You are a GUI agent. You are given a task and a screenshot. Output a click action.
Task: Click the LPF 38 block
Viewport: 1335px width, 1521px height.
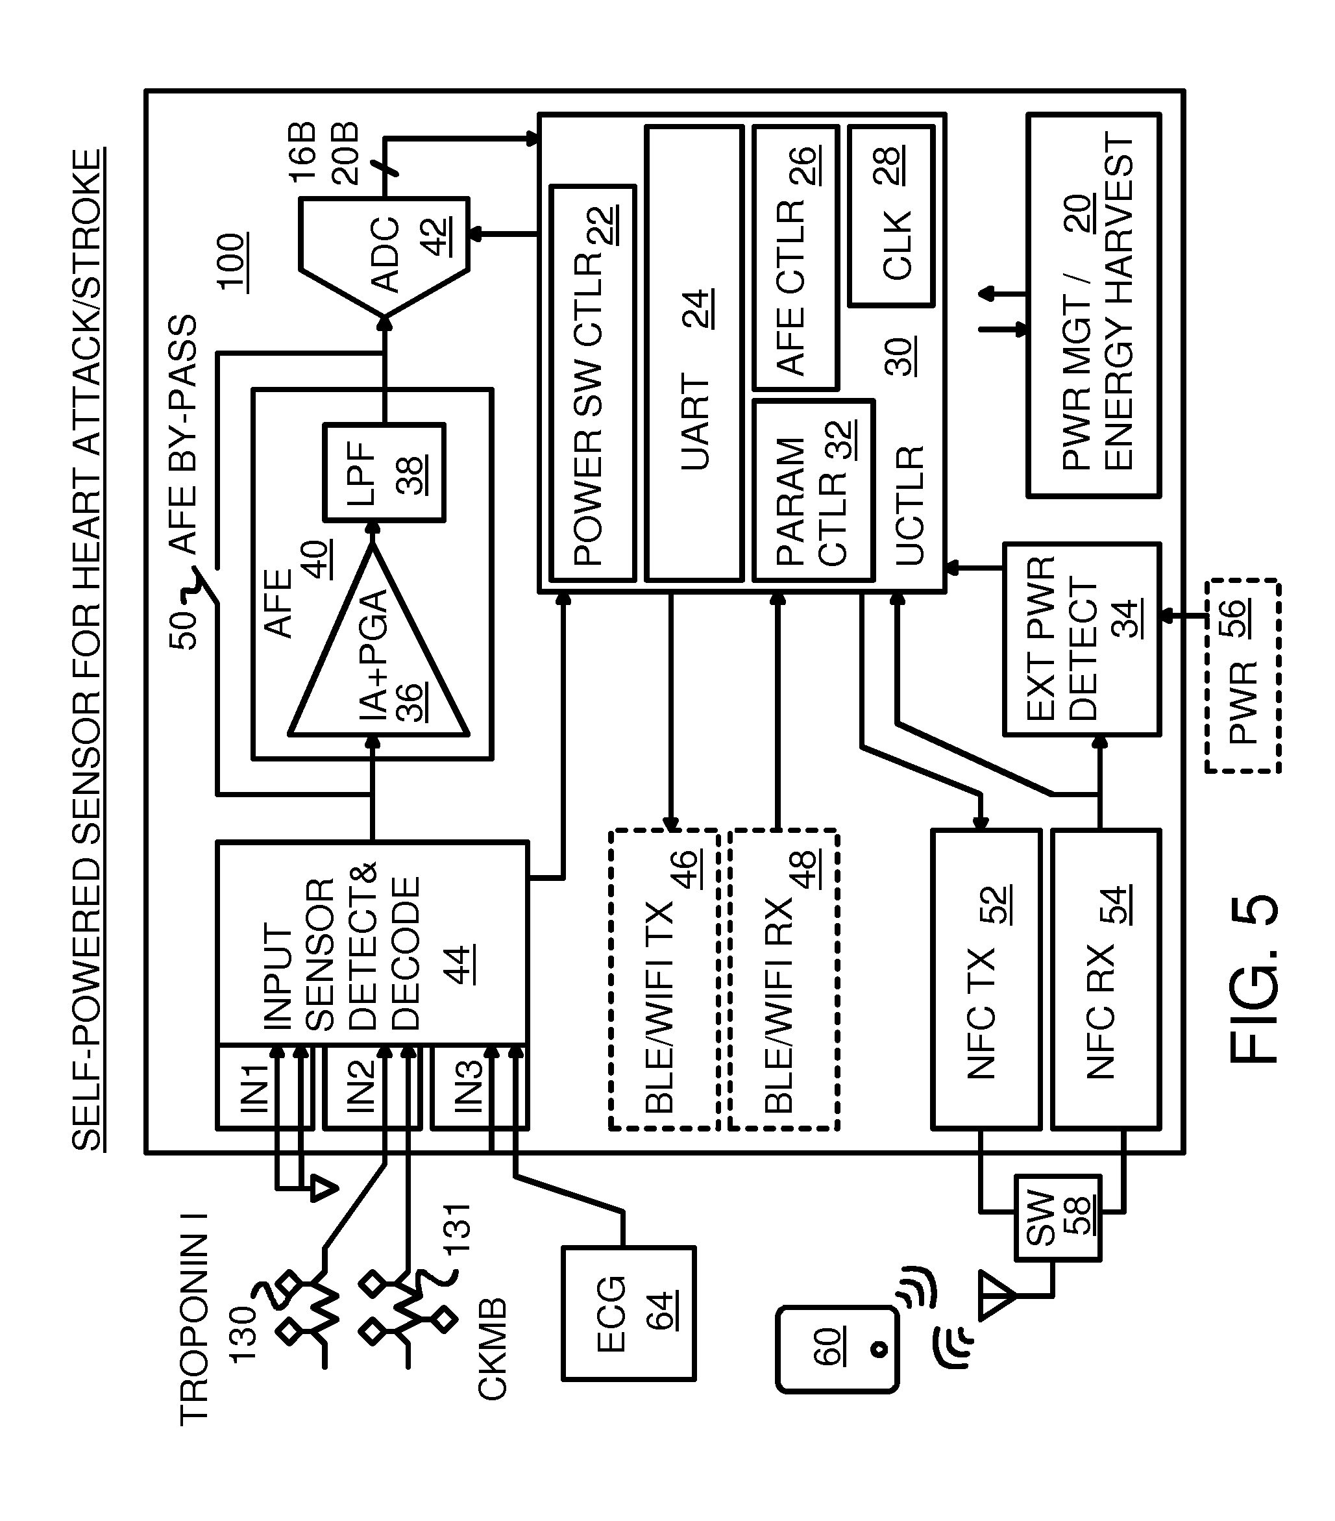point(383,472)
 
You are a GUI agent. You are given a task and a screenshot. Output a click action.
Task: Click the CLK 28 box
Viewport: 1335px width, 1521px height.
point(890,216)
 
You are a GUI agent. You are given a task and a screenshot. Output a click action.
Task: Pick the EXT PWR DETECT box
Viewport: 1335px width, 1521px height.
point(1081,639)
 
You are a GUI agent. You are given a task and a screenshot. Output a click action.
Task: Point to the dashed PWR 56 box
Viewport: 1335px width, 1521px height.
point(1243,676)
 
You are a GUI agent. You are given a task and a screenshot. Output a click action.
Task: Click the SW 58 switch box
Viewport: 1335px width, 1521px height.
point(1057,1218)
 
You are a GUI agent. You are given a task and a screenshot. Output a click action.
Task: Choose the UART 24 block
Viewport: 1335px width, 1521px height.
point(695,353)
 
